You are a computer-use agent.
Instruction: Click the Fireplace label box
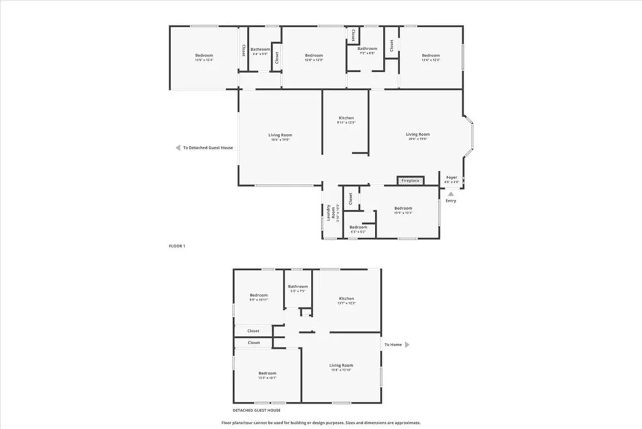coord(411,181)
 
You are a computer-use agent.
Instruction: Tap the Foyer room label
coord(451,178)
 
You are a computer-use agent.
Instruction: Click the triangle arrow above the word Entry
coord(450,194)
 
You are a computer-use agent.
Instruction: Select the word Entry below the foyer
coord(451,201)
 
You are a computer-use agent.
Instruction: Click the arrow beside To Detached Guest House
coord(177,148)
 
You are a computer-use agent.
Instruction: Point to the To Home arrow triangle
coord(406,344)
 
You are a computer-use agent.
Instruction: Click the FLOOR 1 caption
coord(177,246)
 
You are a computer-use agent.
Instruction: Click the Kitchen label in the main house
coord(346,118)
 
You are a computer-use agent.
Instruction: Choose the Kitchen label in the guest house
coord(347,298)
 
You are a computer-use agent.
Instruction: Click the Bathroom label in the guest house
coord(298,286)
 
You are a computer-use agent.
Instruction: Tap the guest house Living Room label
coord(342,365)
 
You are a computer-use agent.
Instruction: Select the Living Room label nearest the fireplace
coord(418,134)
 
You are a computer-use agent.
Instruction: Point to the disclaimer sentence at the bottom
coord(321,423)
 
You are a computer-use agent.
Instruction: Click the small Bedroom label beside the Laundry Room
coord(358,227)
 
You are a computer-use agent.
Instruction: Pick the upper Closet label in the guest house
coord(253,331)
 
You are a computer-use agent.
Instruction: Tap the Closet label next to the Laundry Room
coord(350,199)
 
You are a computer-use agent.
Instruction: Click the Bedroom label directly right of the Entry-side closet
coord(403,209)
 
